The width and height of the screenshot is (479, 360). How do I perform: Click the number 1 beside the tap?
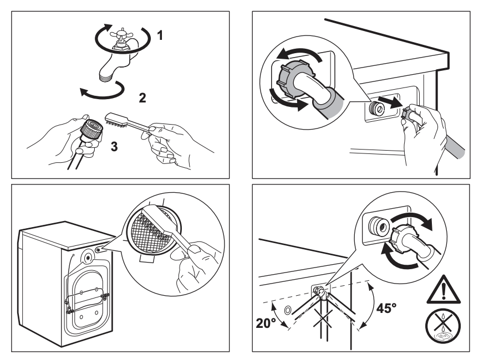tap(160, 37)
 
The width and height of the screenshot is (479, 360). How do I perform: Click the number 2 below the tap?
tap(142, 100)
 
